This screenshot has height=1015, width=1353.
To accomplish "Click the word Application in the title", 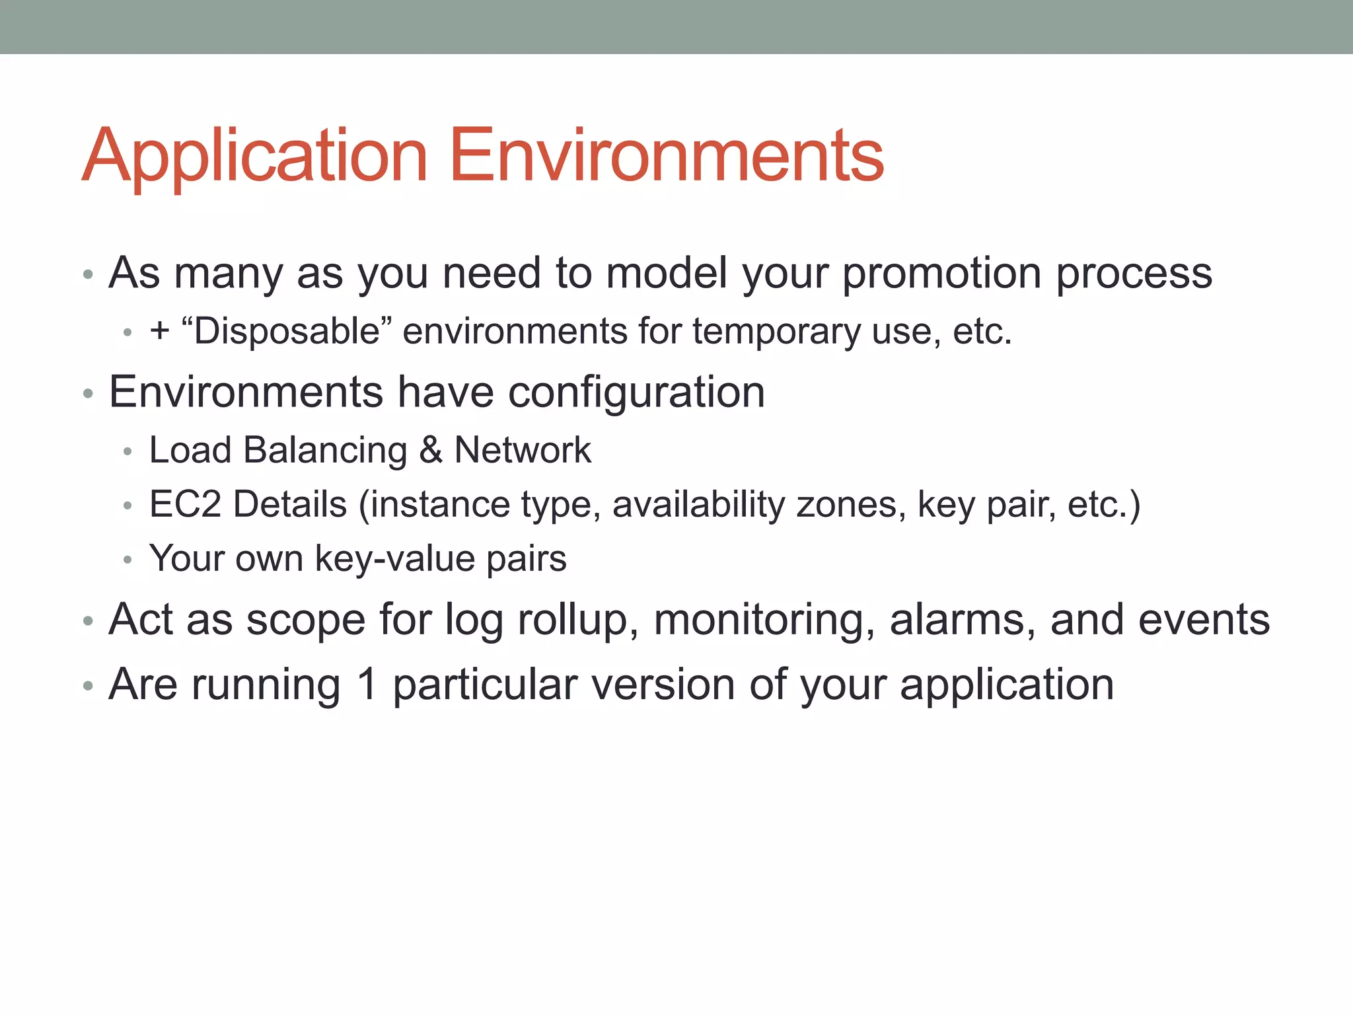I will (x=255, y=156).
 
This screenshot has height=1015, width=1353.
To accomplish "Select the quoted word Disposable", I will (x=286, y=330).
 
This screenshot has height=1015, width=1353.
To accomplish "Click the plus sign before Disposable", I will (x=160, y=330).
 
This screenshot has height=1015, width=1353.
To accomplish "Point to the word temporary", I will (x=776, y=332).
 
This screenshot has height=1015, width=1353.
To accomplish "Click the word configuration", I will (x=636, y=392).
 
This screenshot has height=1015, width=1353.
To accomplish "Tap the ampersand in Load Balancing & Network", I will (x=431, y=451).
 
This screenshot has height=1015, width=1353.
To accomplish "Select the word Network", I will (x=523, y=450).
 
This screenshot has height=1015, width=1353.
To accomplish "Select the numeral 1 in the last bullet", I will (x=367, y=684).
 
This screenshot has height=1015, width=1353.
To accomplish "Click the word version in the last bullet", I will (x=663, y=684).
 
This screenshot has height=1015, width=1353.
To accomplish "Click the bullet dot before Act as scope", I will (x=88, y=621).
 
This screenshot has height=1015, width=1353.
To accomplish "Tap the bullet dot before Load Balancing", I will (x=128, y=452).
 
